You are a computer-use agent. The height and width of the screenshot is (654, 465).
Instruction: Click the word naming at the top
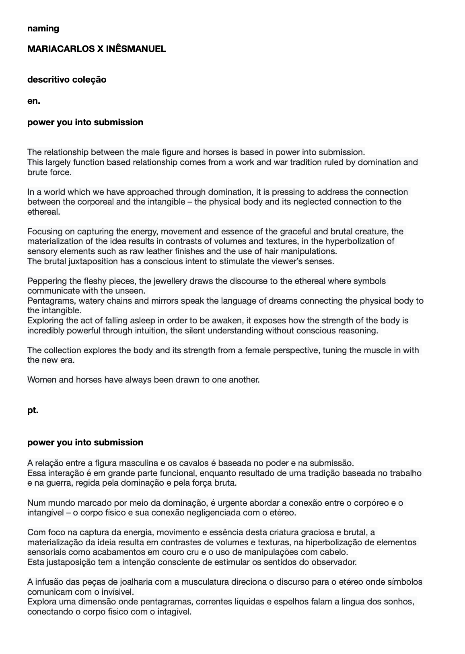click(x=43, y=29)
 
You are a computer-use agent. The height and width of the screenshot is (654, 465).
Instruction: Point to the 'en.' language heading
click(x=34, y=101)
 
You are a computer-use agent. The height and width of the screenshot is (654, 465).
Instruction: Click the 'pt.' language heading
click(x=33, y=411)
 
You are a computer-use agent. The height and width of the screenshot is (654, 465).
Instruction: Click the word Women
click(x=42, y=380)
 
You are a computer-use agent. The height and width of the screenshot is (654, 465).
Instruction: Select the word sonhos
click(x=399, y=602)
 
